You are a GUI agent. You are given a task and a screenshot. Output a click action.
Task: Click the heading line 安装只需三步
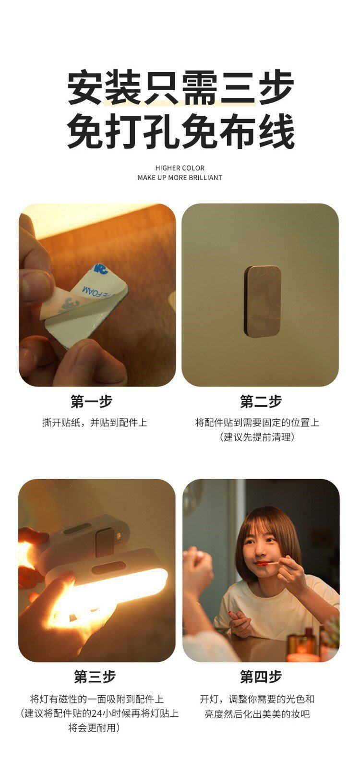tap(180, 88)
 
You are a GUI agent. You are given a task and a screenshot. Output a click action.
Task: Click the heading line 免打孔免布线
tap(180, 132)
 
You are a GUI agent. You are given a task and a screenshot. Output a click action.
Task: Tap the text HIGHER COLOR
tap(180, 168)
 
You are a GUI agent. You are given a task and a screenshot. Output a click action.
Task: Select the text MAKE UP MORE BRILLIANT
tap(180, 177)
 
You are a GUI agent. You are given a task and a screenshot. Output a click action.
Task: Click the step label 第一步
tap(91, 401)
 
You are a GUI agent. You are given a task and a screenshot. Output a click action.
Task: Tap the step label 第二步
tap(261, 401)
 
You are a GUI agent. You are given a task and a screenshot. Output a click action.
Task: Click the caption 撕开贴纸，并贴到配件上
tap(95, 423)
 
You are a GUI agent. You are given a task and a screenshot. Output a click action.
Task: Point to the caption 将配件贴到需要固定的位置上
tap(257, 423)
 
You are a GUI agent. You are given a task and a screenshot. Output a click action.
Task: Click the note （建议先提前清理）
tap(257, 437)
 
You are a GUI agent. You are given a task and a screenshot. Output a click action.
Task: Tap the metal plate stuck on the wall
tap(262, 301)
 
